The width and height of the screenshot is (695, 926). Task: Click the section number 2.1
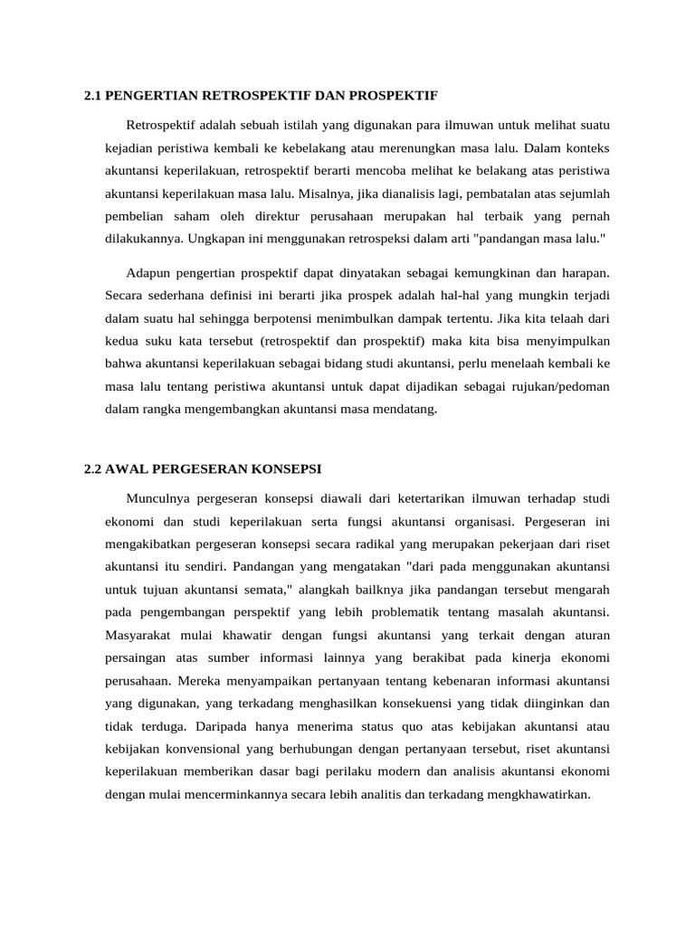93,95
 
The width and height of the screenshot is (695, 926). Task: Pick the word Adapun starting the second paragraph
149,272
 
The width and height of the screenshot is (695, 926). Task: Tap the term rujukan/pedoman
561,386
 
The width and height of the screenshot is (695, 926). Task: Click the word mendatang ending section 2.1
401,409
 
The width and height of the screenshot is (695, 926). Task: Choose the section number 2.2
93,469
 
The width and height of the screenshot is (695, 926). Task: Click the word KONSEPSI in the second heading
288,469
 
